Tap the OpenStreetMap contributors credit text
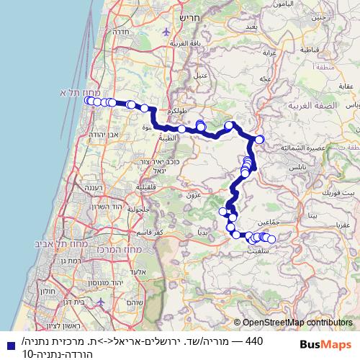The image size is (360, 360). coord(297,323)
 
